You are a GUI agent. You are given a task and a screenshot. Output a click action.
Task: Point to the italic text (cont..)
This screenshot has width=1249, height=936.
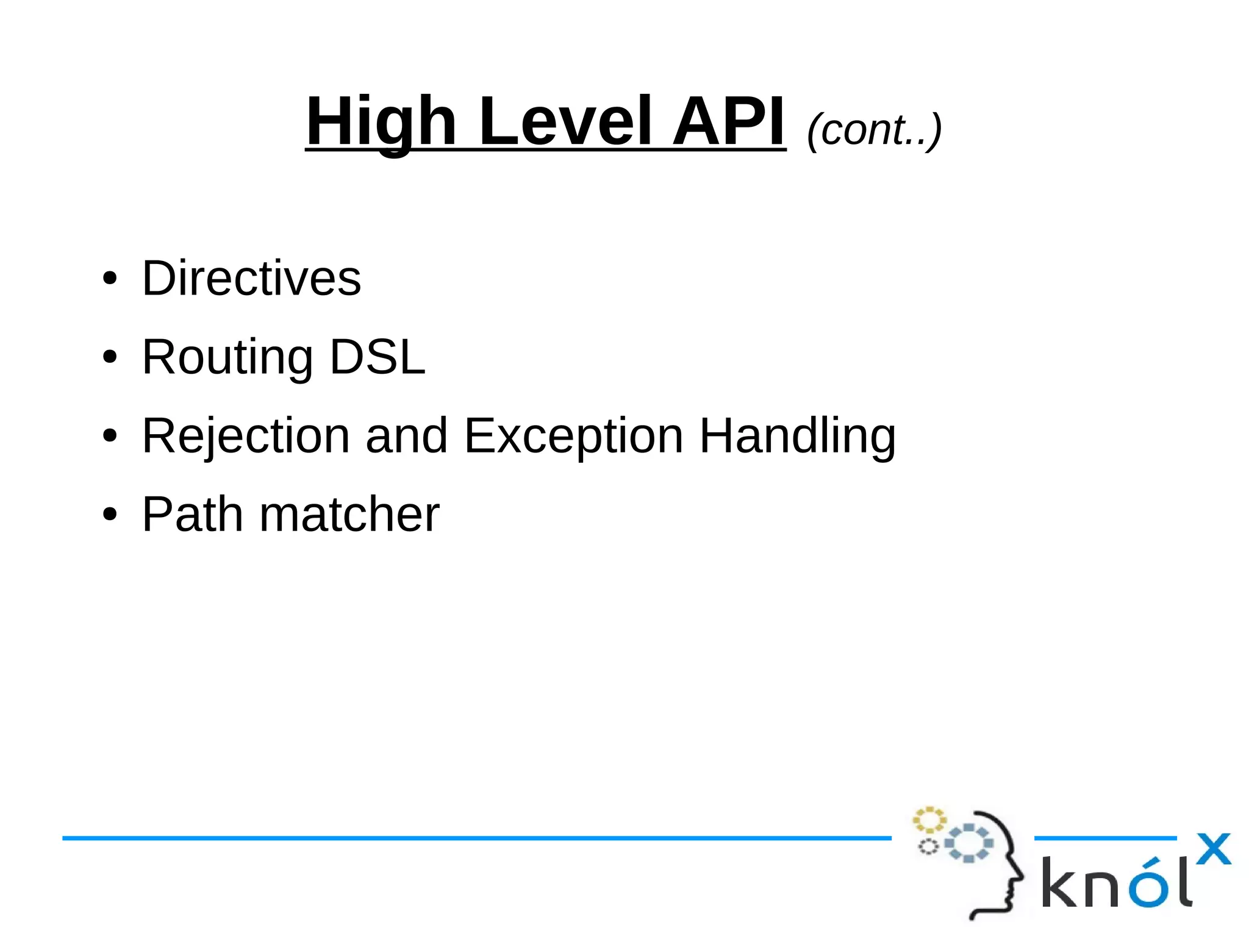(874, 129)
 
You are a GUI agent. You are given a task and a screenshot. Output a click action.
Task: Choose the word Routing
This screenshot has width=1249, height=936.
(227, 357)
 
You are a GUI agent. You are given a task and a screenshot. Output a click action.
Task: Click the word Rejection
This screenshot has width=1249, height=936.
(246, 436)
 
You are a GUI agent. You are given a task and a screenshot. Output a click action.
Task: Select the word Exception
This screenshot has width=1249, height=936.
(573, 436)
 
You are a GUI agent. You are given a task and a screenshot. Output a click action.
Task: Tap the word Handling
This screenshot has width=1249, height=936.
(797, 436)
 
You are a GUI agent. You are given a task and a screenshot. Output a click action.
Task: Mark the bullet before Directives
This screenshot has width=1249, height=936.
(110, 279)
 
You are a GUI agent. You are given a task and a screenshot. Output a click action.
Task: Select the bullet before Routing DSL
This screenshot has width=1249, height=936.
(110, 357)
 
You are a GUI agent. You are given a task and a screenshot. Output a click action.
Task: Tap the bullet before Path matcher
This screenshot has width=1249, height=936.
(110, 515)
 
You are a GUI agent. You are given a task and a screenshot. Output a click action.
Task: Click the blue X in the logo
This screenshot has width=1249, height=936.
(1214, 849)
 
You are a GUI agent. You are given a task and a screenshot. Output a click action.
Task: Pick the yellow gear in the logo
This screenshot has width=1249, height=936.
(929, 820)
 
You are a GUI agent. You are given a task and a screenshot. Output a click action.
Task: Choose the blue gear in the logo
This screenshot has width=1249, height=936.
(968, 843)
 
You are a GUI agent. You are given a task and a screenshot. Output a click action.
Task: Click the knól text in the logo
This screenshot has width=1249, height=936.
(1116, 883)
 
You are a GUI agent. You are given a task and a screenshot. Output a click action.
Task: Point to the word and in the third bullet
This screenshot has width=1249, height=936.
(406, 436)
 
